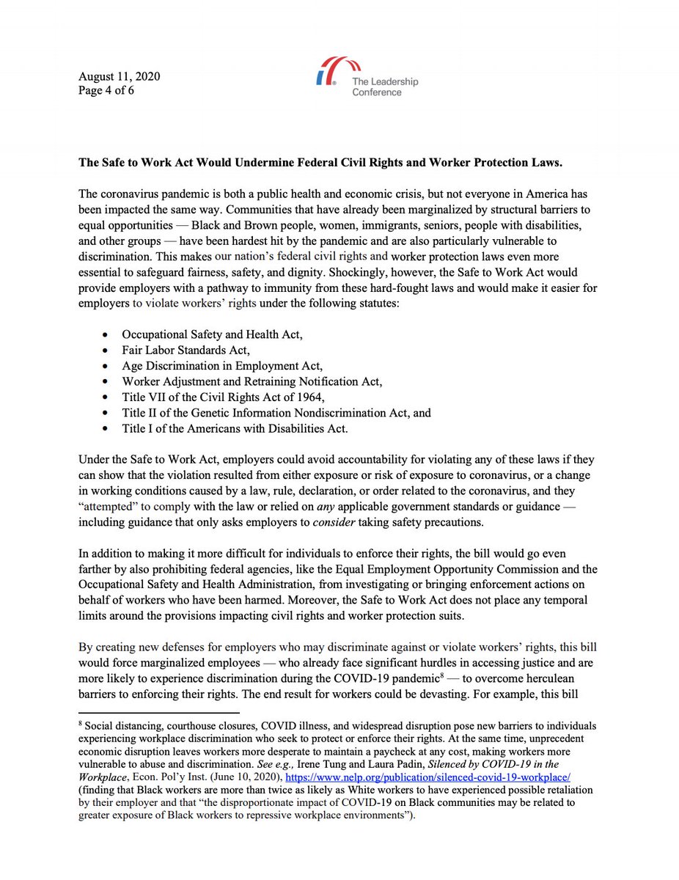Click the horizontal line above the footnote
tap(159, 711)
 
